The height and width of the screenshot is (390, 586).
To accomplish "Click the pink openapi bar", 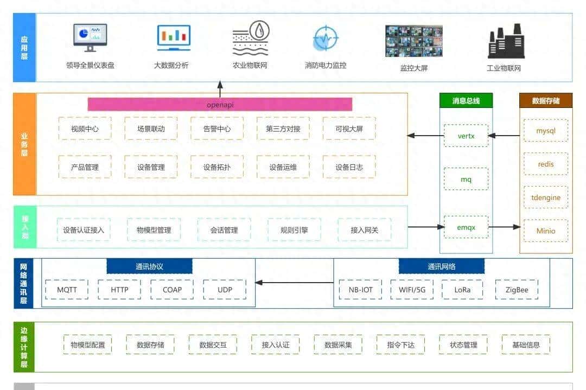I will (220, 104).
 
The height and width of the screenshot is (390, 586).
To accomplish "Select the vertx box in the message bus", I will (466, 136).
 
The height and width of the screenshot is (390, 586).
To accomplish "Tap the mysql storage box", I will (545, 131).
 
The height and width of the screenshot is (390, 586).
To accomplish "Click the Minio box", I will (545, 231).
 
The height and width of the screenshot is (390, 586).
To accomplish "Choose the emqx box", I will (466, 227).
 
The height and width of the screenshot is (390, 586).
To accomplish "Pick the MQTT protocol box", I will (67, 290).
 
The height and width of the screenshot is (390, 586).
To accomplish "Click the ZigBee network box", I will (516, 290).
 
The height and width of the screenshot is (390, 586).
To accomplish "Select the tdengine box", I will (545, 197).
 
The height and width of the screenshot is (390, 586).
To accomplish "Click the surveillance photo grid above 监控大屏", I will (413, 41).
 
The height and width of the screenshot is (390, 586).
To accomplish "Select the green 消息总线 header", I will (466, 100).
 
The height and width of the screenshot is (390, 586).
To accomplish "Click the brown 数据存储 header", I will (546, 100).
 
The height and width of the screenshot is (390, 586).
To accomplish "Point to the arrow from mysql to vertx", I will (505, 136).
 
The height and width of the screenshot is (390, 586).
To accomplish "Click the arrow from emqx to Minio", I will (505, 227).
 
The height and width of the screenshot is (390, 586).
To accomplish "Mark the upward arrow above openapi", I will (220, 89).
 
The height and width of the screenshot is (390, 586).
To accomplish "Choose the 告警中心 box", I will (217, 129).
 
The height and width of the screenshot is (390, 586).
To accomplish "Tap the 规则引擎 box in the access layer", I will (294, 230).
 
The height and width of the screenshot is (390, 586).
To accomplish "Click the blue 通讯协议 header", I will (149, 266).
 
